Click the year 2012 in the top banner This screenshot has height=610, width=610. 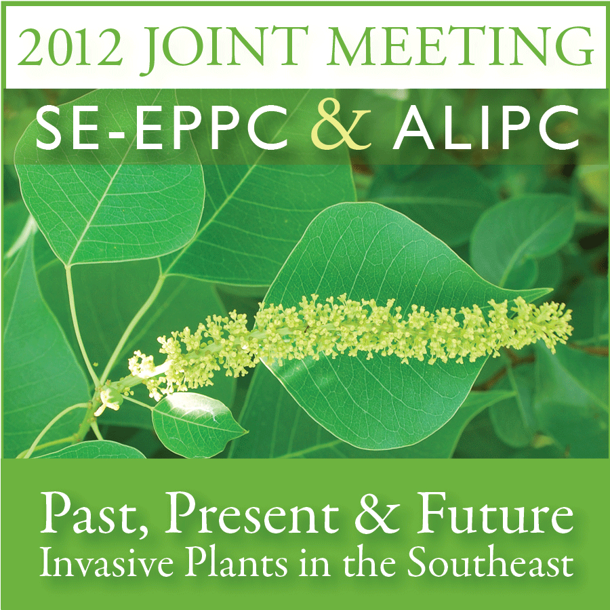(70, 47)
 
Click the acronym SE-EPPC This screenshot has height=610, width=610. (160, 128)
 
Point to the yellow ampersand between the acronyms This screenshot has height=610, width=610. (340, 127)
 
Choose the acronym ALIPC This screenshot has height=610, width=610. (486, 128)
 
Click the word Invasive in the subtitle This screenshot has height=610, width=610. (106, 563)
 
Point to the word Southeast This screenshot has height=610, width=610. (490, 563)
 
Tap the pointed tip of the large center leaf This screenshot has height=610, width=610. (552, 289)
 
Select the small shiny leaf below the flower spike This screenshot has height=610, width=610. (198, 424)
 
